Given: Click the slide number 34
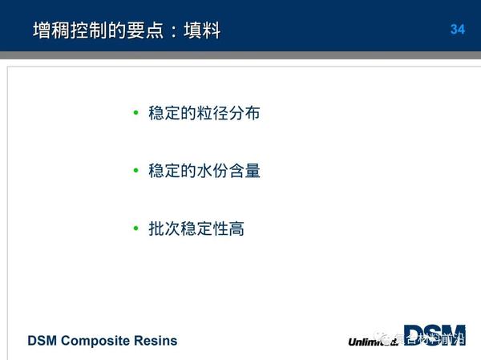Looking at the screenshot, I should point(458,30).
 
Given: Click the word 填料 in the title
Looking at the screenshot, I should point(204,30).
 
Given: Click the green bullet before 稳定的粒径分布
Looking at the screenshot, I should point(136,113).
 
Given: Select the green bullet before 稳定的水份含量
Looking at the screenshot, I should point(136,171).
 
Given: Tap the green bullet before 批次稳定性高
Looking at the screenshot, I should point(136,229).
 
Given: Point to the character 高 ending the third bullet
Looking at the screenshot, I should point(236,229).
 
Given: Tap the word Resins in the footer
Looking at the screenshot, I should point(156,341).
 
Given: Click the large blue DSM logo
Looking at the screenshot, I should point(434,335).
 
